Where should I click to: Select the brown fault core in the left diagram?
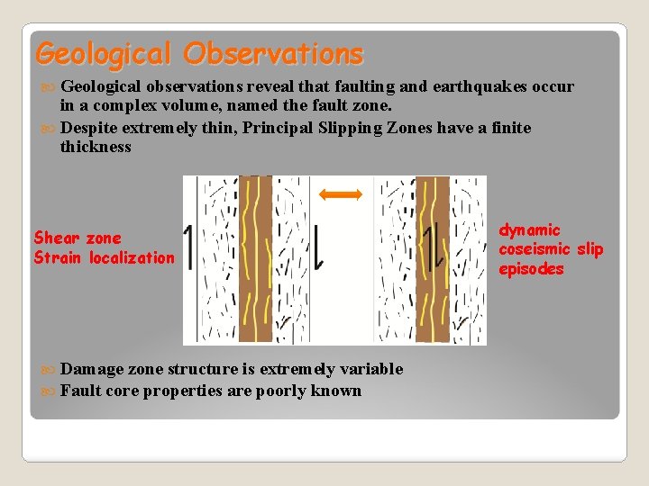click(x=255, y=259)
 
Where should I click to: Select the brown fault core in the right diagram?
click(x=432, y=259)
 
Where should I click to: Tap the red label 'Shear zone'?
click(x=77, y=238)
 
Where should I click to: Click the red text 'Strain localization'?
click(x=104, y=258)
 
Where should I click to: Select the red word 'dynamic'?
click(x=529, y=230)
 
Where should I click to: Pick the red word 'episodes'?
click(x=531, y=269)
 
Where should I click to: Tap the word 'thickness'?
click(x=96, y=147)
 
